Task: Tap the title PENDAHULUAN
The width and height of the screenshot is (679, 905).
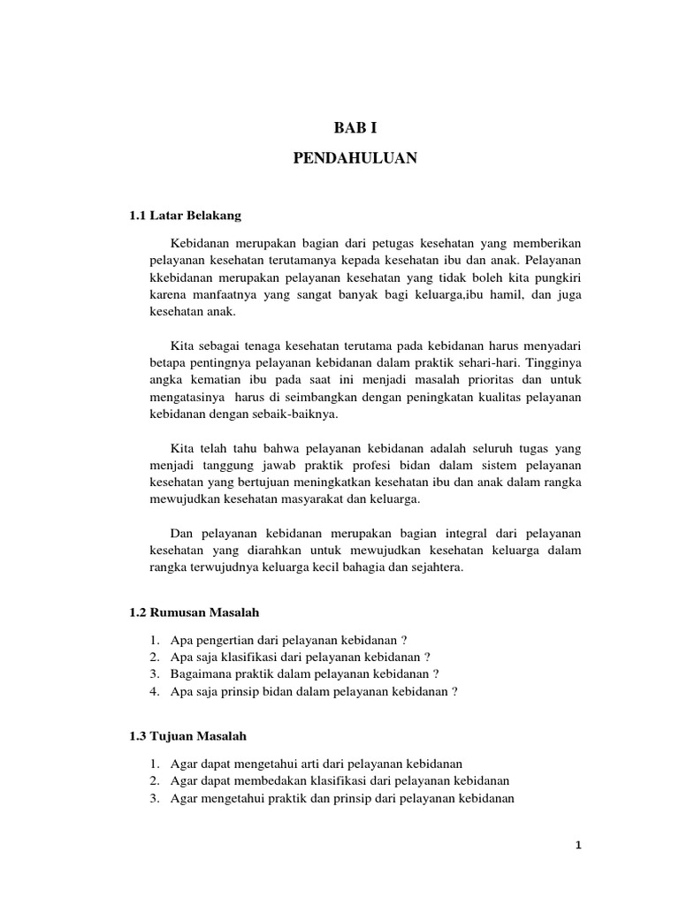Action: tap(355, 159)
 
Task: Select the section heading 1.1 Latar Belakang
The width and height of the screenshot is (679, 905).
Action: tap(185, 216)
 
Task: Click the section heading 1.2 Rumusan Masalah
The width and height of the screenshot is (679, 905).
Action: tap(194, 612)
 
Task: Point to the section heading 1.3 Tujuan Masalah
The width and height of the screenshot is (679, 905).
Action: tap(187, 735)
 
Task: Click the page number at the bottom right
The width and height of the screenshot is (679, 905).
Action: tap(578, 845)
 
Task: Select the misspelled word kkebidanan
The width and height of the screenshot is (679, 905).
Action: tap(181, 277)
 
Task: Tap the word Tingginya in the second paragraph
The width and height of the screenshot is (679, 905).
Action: tap(554, 362)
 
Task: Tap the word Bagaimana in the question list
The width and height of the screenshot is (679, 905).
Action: tap(201, 674)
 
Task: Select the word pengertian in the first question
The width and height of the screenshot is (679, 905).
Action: tap(220, 640)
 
